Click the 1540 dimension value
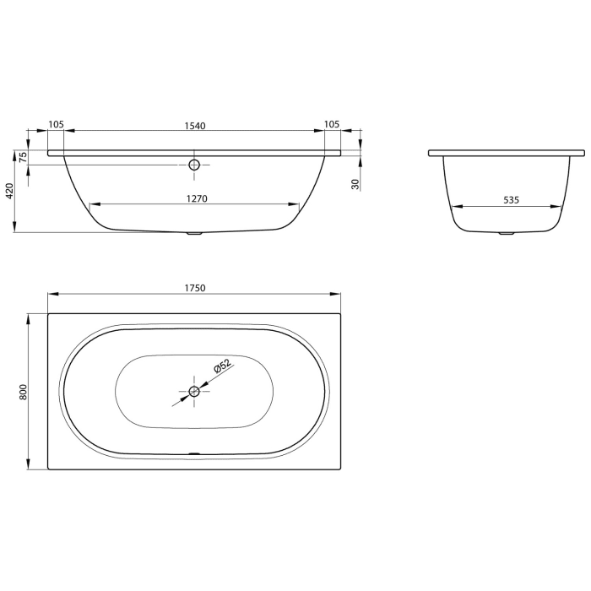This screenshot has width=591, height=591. point(195,125)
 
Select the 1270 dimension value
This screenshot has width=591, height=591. point(195,199)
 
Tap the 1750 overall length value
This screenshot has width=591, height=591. point(194,288)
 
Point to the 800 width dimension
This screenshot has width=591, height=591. point(24,391)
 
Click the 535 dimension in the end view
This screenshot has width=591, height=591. point(511,200)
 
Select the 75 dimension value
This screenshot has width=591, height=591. point(24,156)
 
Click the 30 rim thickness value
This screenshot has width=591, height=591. point(355,183)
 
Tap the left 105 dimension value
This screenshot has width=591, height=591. point(56,125)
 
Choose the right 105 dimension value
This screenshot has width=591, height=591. point(332,125)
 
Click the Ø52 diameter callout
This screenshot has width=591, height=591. point(221,368)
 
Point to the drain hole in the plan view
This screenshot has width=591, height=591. point(194,390)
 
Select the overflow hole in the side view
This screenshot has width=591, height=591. point(194,165)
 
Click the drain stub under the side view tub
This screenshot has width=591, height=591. point(194,234)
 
